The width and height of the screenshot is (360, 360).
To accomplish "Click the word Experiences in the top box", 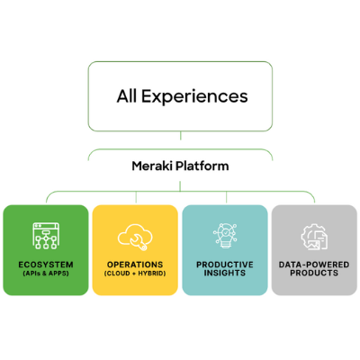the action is pos(194,96).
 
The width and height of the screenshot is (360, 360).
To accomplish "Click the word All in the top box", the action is pos(127,96).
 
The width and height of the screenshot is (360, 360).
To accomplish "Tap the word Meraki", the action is pos(152,166).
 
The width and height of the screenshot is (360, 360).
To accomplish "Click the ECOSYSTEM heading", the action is pos(46,265).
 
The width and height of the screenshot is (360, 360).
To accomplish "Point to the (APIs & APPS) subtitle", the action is pos(46,274).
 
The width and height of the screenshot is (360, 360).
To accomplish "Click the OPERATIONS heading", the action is pos(135,265).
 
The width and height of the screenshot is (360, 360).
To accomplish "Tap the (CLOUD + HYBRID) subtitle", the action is pos(135,274).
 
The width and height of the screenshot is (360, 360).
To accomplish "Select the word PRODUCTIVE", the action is pos(225,265).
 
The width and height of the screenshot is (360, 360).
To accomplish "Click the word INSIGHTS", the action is pos(225,273).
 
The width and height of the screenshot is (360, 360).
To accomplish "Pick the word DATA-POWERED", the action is pos(314,265).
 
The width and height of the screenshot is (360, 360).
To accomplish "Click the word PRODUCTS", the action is pos(314,273).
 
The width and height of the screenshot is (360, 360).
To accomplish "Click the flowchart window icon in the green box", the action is pos(46,236).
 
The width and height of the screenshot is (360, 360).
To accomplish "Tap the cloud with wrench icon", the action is pos(135,237).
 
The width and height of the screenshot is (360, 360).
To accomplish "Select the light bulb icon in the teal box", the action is pos(225,236).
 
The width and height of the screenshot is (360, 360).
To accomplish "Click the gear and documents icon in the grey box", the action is pos(314,237).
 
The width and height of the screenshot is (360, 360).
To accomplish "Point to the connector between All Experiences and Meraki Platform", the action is pos(181,136).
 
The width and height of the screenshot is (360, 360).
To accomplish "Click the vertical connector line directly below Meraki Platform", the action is pos(180,186).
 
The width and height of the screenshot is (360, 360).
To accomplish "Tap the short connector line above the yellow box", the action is pos(136,197).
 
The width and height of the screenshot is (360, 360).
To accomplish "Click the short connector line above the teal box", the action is pos(226,197).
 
